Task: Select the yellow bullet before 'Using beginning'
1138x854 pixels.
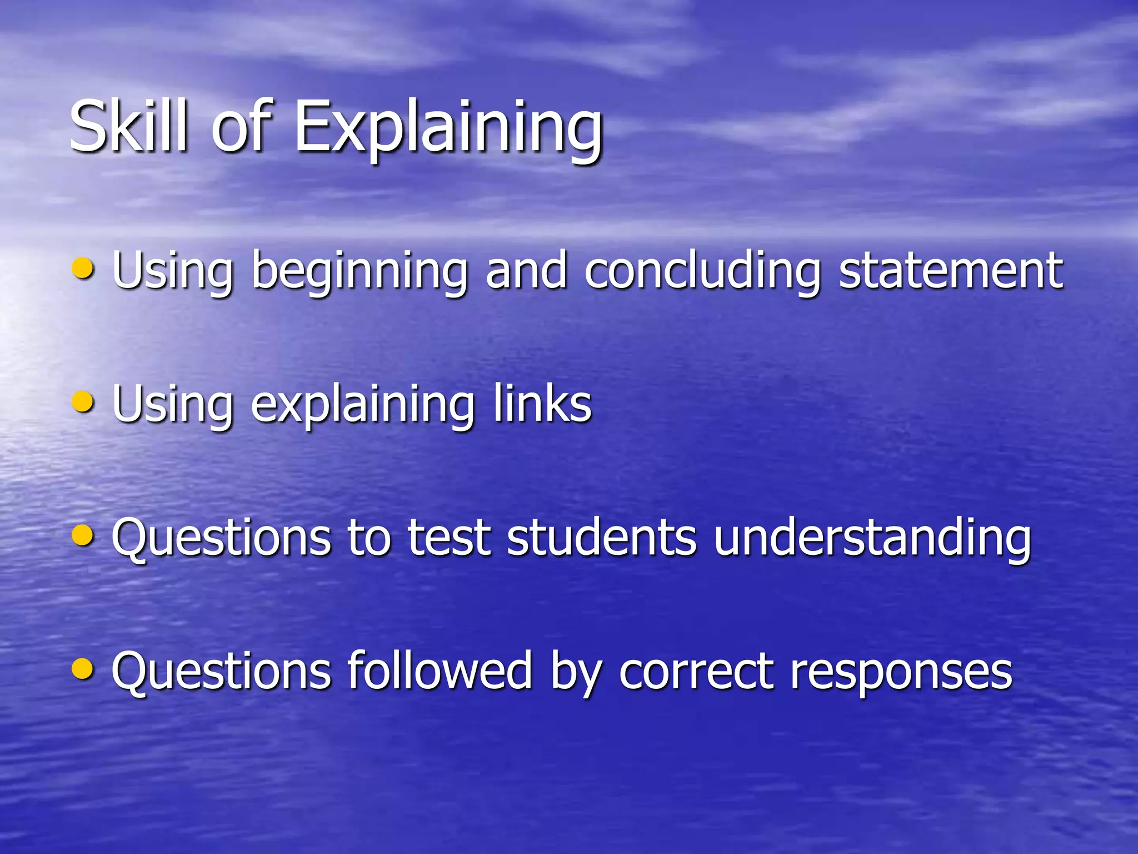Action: [83, 269]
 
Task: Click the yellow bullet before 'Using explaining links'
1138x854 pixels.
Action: [83, 402]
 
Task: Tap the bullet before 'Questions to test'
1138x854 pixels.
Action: [83, 535]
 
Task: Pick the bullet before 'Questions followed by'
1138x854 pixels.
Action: [83, 669]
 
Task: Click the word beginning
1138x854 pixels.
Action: [360, 272]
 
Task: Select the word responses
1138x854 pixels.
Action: [901, 673]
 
